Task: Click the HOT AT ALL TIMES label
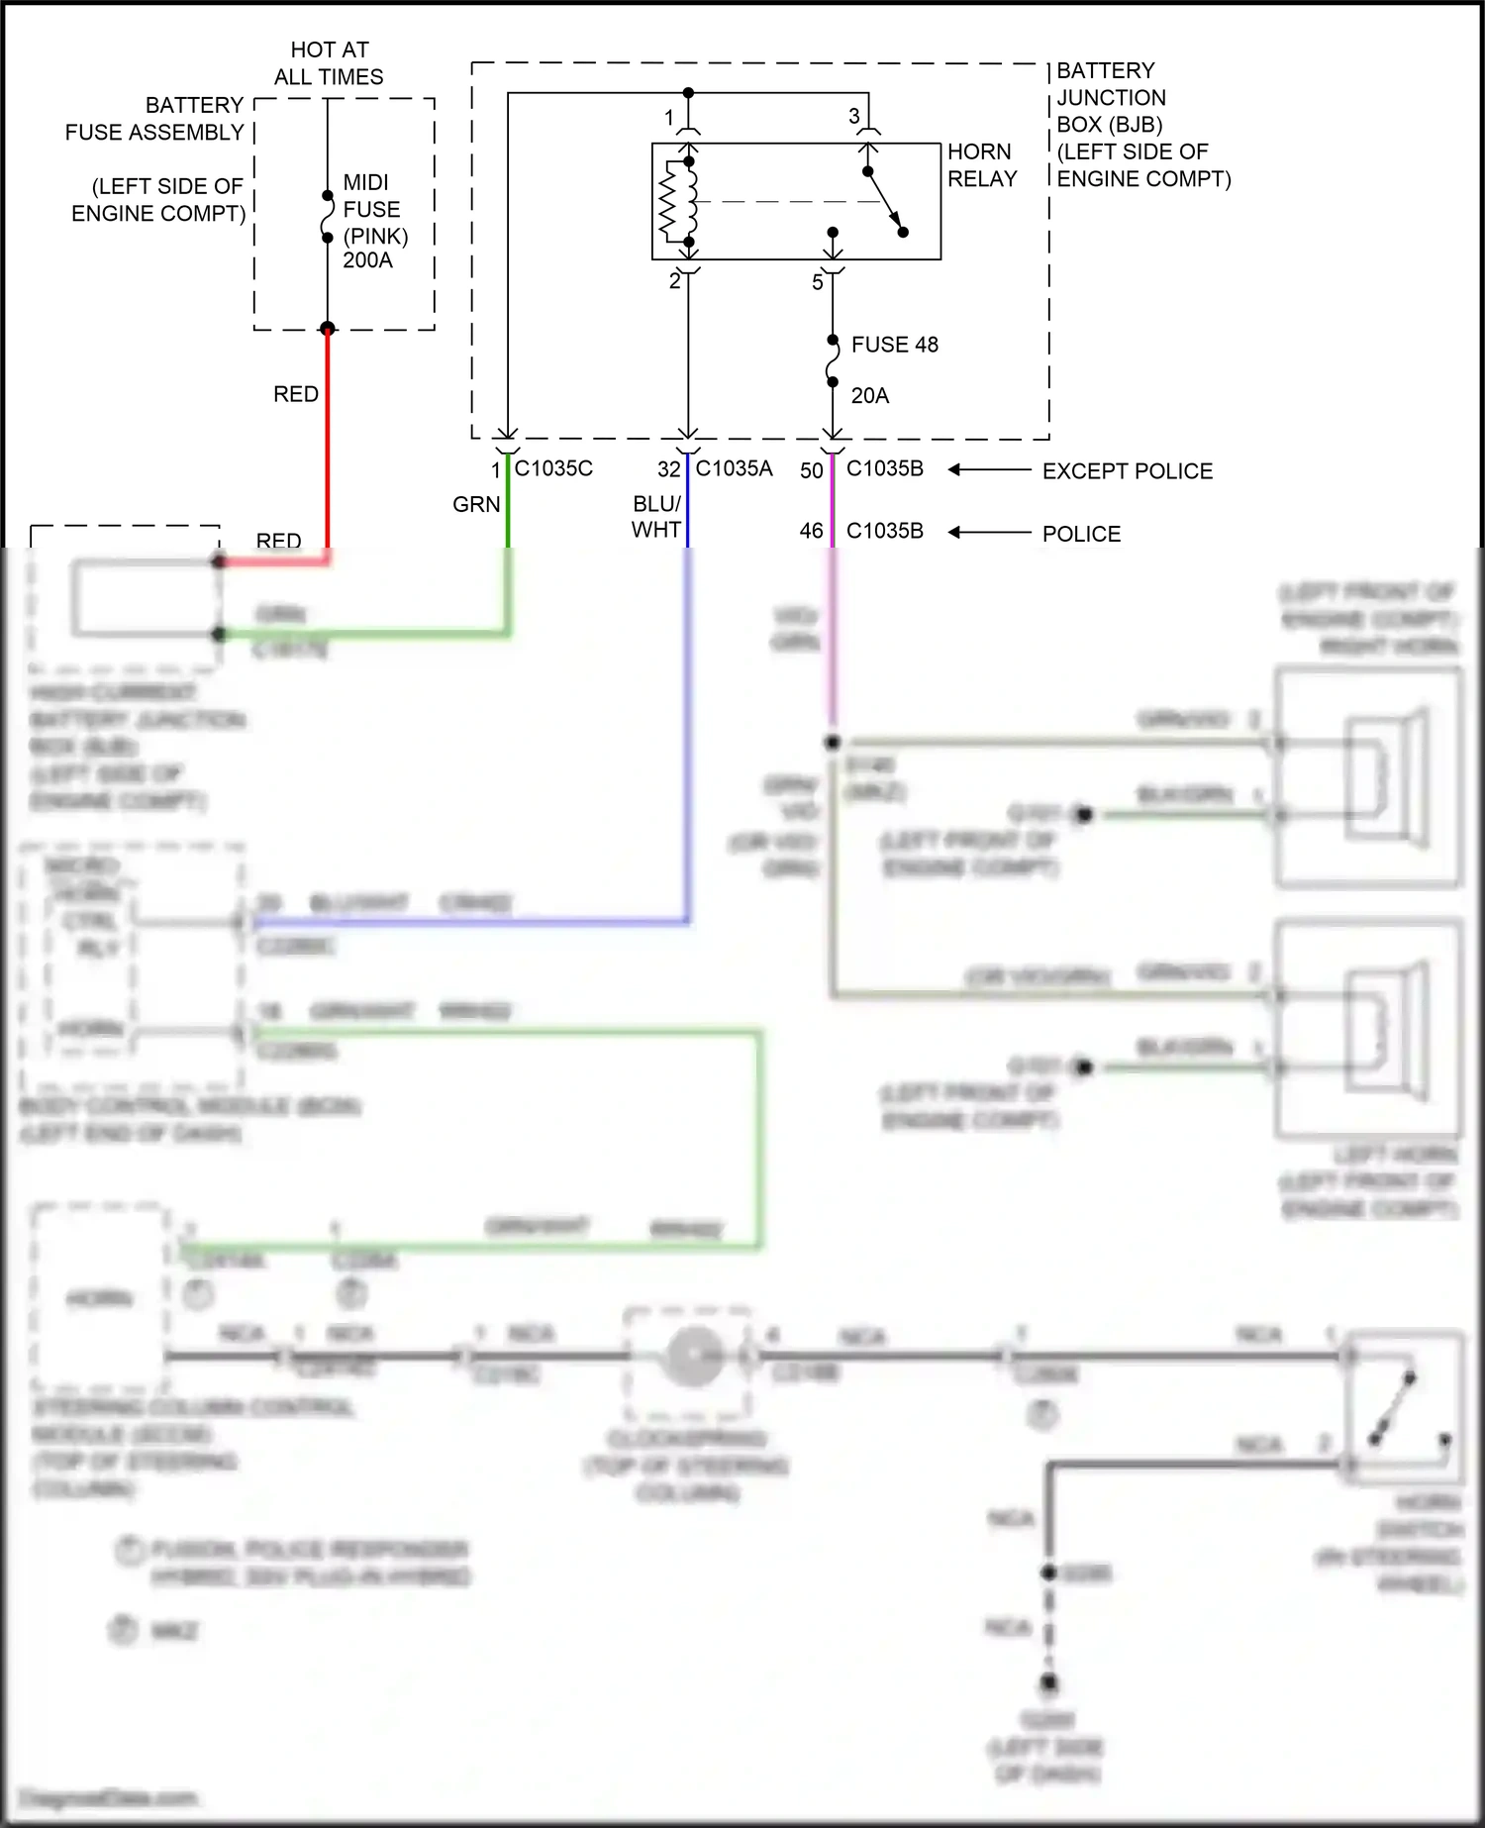point(329,62)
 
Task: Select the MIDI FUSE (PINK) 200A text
point(374,221)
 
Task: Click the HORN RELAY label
point(981,164)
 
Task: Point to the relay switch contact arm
point(885,202)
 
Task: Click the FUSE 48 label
point(894,345)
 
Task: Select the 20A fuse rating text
point(869,395)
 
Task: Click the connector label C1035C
point(553,468)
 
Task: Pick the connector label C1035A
point(734,468)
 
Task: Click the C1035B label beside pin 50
point(884,468)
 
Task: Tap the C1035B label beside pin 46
point(884,531)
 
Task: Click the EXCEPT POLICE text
point(1127,471)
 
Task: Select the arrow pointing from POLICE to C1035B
point(989,533)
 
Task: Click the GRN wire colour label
point(476,504)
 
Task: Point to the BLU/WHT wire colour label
point(656,516)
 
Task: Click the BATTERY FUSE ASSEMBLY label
point(155,118)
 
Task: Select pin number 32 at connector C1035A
point(669,469)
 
